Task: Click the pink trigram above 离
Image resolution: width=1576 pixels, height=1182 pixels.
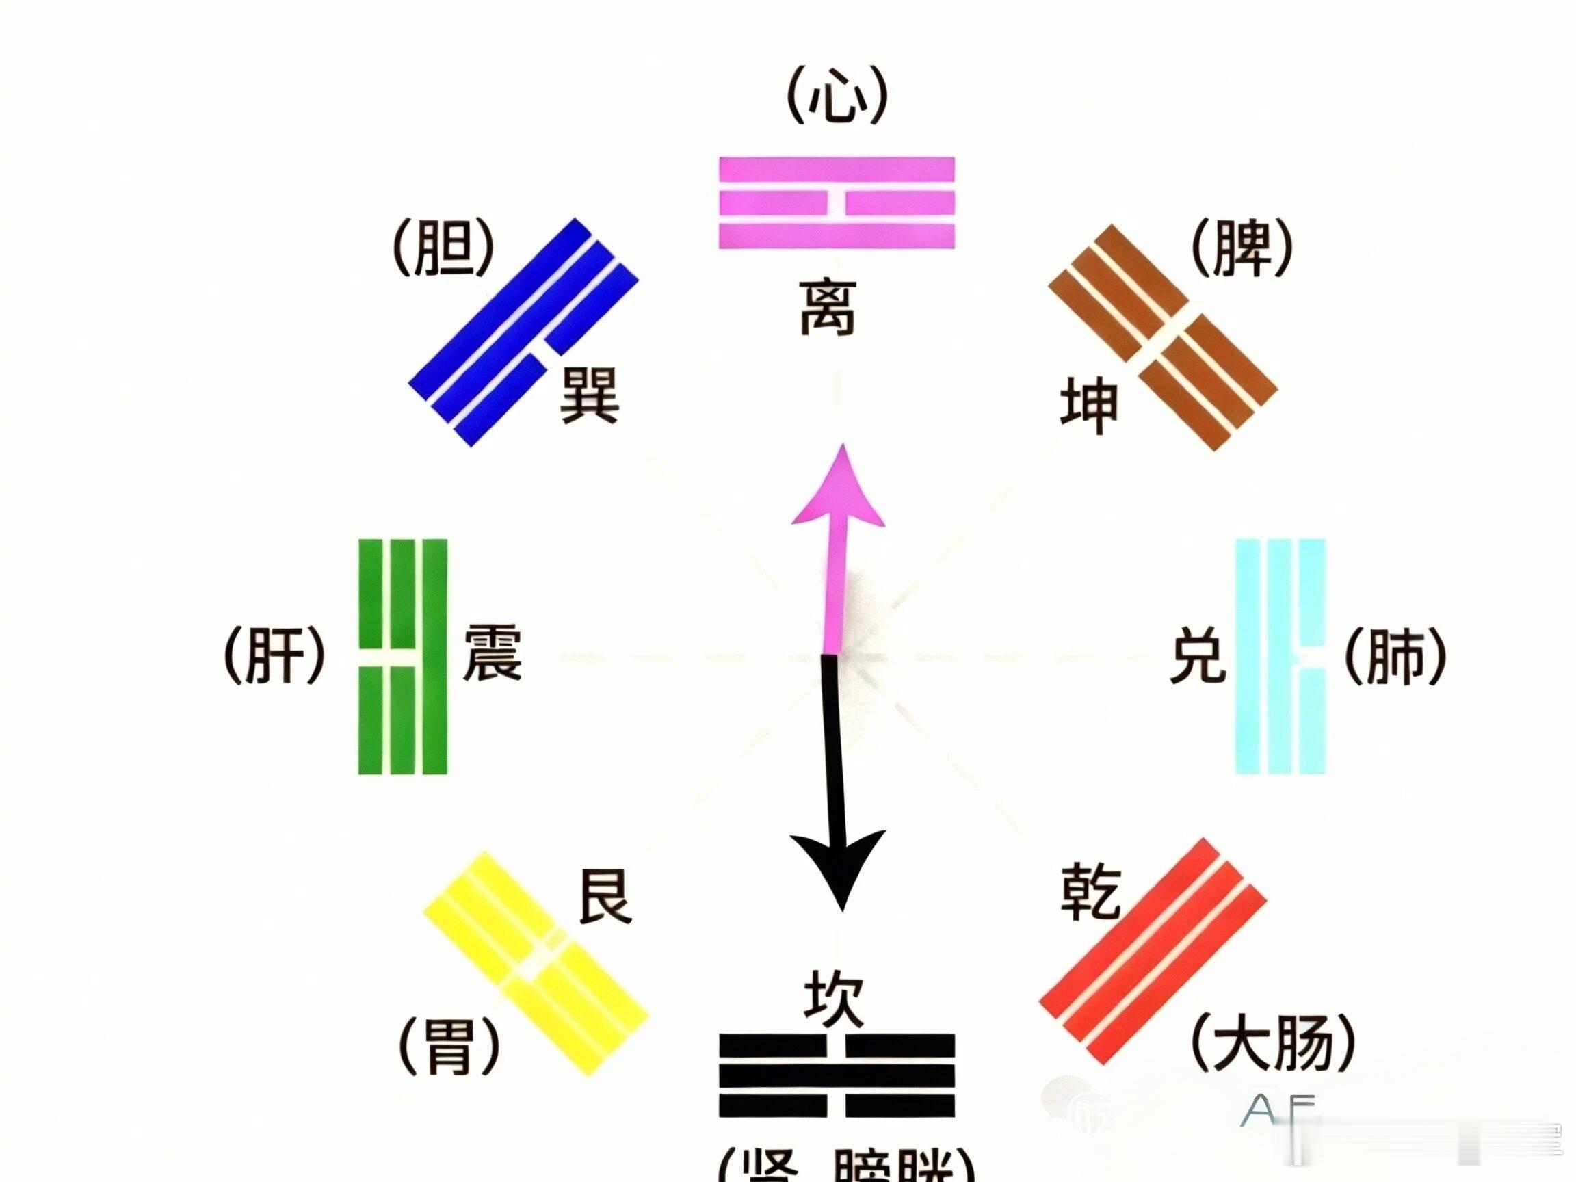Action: point(837,203)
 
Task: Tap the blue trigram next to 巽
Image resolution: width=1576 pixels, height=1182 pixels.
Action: point(524,332)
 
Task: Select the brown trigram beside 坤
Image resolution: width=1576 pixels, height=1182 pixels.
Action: point(1163,338)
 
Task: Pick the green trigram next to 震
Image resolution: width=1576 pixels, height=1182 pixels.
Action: point(402,656)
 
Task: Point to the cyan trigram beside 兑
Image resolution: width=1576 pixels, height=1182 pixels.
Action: point(1280,656)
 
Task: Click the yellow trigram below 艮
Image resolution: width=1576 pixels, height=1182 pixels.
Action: point(536,963)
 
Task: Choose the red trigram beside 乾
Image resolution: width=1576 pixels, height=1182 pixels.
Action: point(1153,951)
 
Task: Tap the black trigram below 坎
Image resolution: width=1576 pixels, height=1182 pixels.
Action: point(837,1075)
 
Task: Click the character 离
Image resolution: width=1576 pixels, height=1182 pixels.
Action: point(828,307)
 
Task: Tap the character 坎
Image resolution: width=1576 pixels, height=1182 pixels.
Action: point(833,999)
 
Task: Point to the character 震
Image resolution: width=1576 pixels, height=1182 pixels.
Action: point(492,653)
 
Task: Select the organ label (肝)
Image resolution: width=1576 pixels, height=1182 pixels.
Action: point(275,655)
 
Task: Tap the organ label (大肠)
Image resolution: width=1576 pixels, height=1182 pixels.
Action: point(1272,1045)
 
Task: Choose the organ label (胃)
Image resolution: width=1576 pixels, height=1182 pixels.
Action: point(449,1046)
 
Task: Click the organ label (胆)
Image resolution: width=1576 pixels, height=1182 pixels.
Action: point(444,248)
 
